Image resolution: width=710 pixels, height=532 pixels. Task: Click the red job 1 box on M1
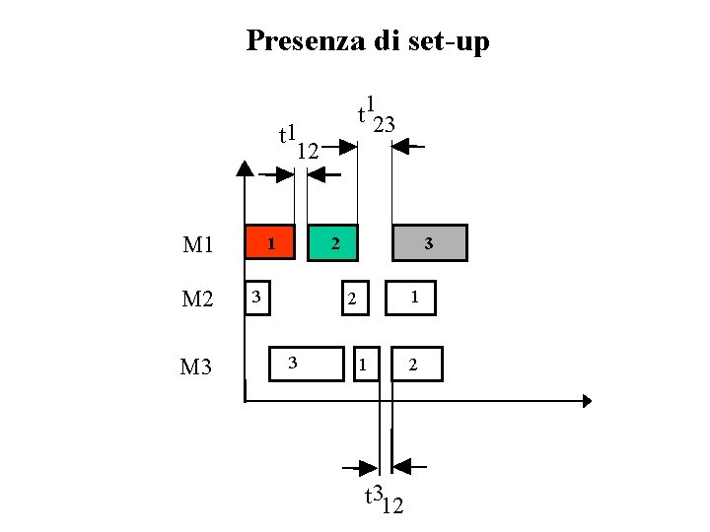point(269,241)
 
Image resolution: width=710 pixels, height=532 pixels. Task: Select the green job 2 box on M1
point(333,242)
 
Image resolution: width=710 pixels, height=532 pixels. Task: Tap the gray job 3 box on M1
point(429,242)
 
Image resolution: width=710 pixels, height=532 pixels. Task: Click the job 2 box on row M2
point(352,299)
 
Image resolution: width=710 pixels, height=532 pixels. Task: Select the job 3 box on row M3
point(308,364)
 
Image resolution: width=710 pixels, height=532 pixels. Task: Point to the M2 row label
point(198,299)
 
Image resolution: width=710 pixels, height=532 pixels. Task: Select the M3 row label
point(196,367)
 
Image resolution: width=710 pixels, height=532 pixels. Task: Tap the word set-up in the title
point(449,42)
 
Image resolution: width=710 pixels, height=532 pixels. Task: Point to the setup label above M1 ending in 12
point(297,143)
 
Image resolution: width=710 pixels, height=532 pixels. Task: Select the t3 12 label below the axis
point(384,499)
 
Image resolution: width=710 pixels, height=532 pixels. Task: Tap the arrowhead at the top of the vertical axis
point(245,166)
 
